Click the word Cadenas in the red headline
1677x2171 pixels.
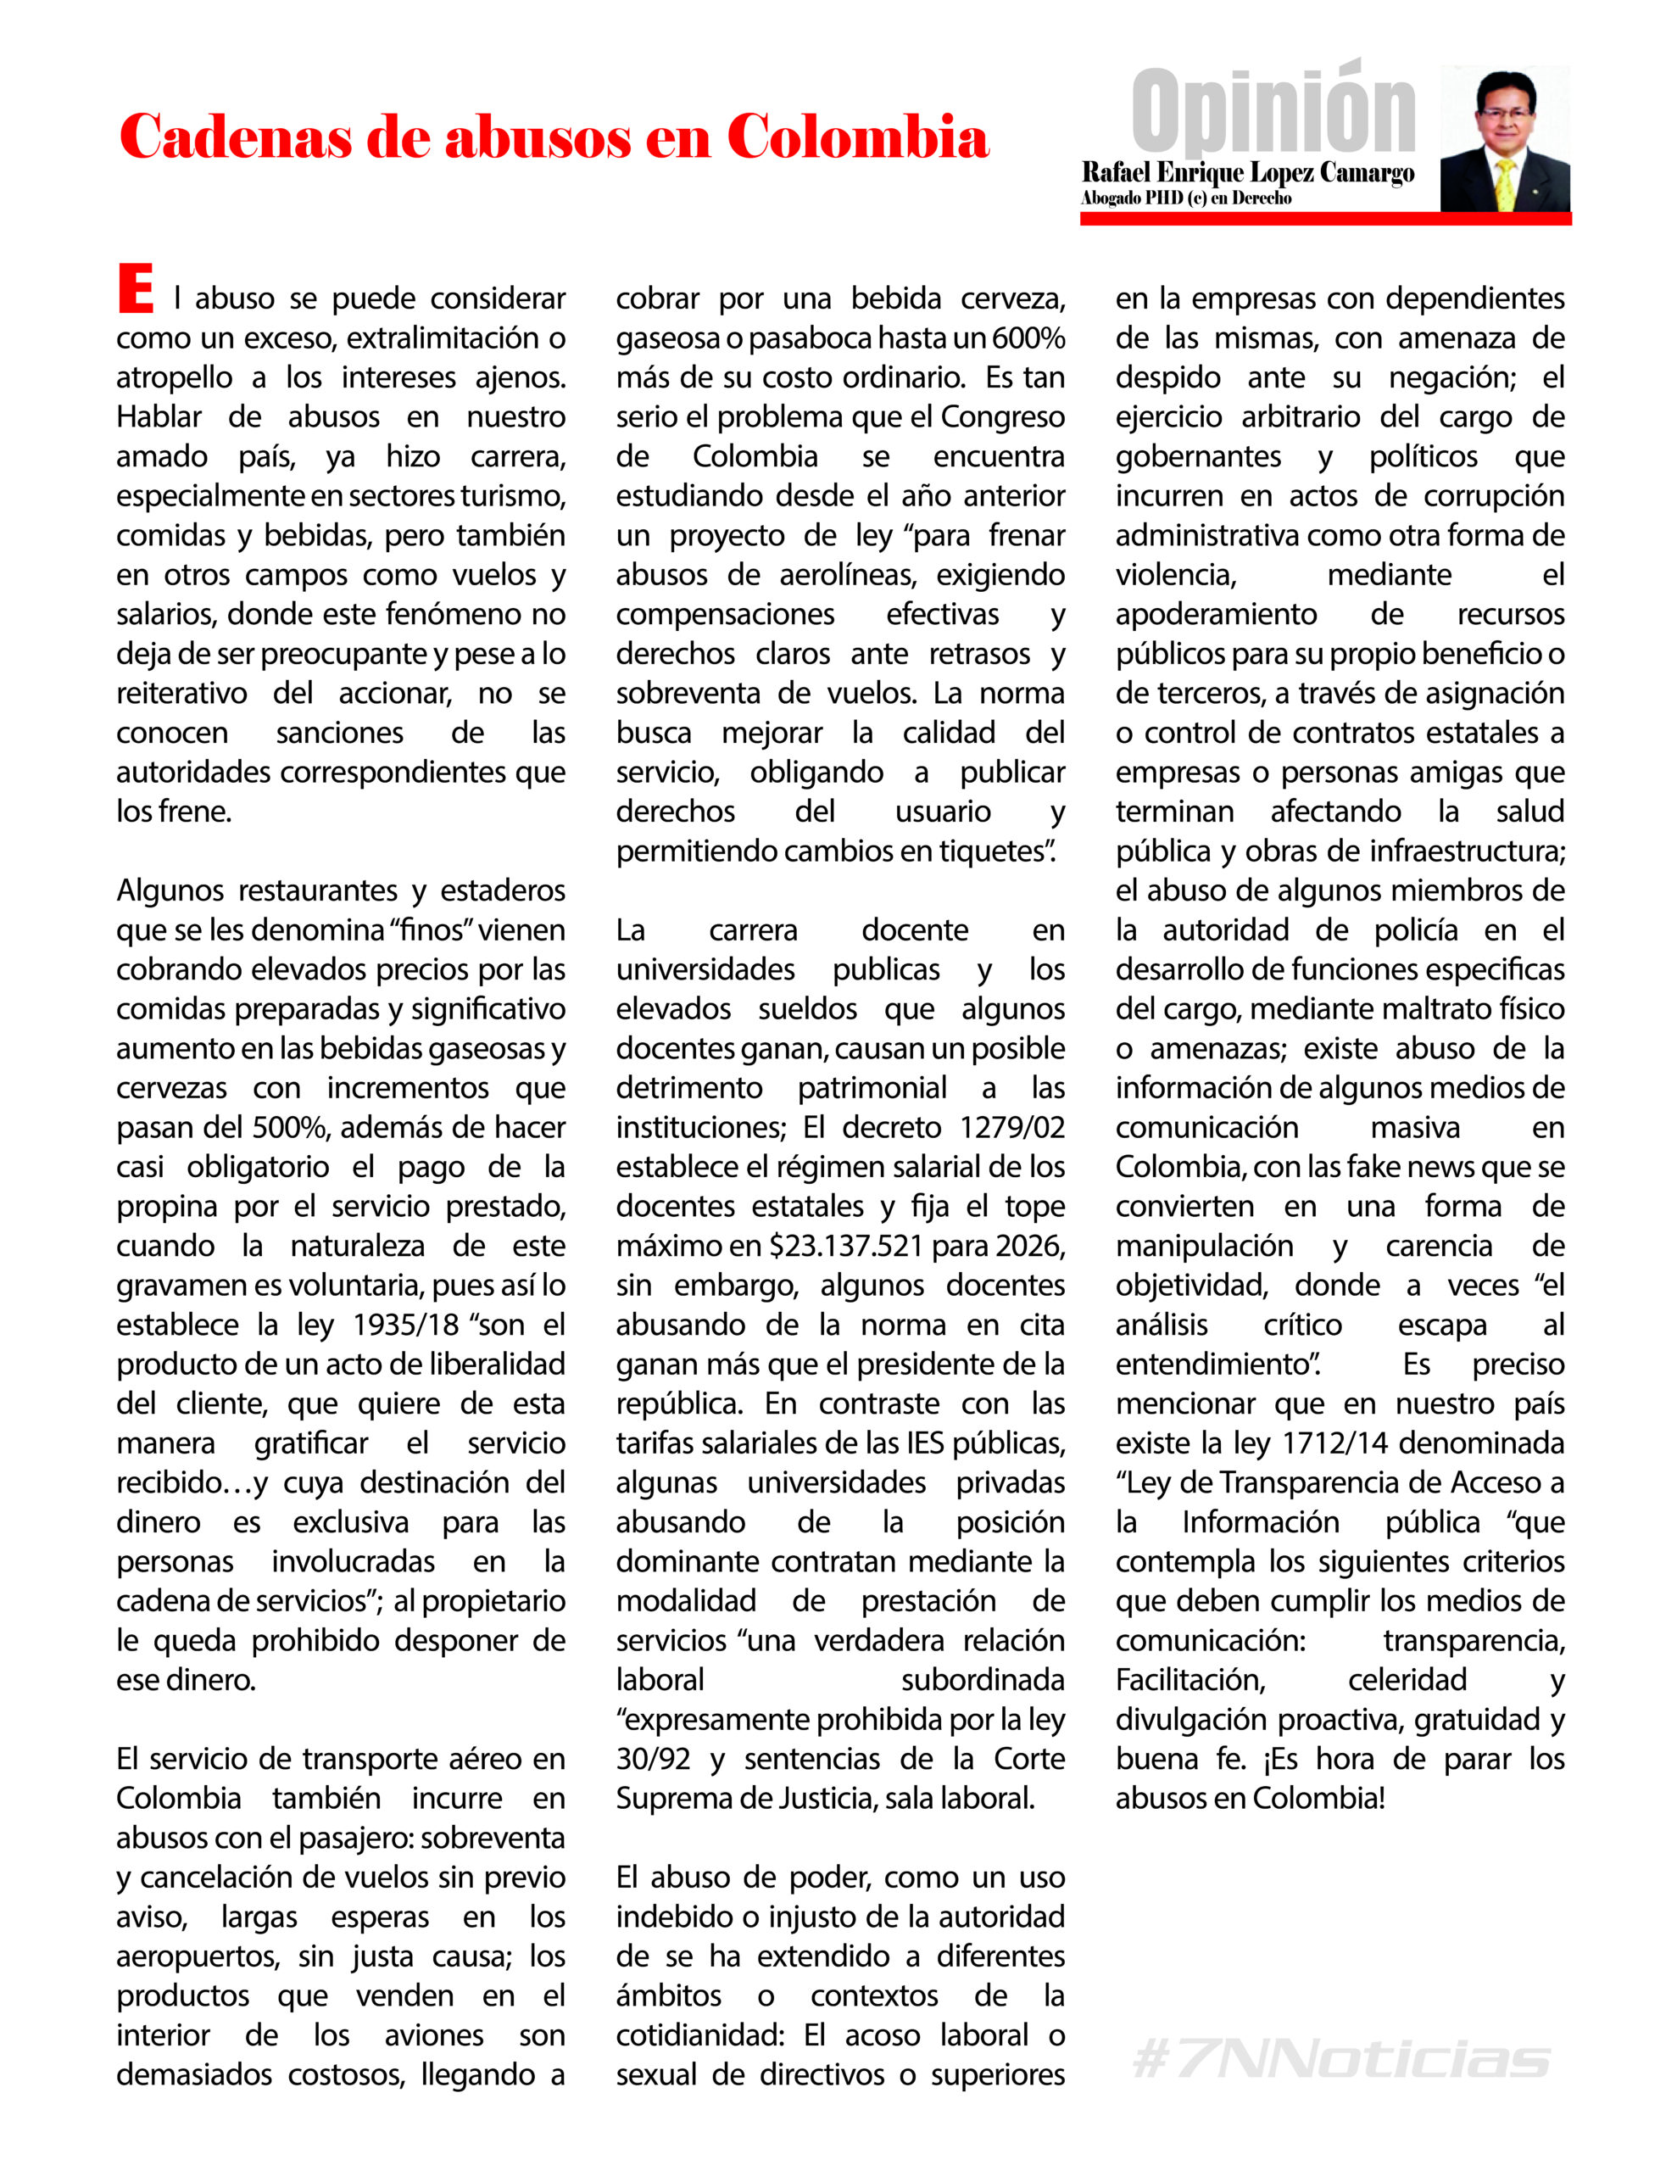pyautogui.click(x=236, y=137)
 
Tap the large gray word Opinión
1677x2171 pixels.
pyautogui.click(x=1273, y=110)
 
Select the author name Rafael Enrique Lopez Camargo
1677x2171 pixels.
pyautogui.click(x=1246, y=173)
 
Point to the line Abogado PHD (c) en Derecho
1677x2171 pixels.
pyautogui.click(x=1185, y=198)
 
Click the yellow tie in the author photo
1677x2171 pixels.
pyautogui.click(x=1505, y=185)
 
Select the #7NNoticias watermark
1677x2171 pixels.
pyautogui.click(x=1340, y=2060)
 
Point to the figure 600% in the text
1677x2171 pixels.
pyautogui.click(x=1029, y=339)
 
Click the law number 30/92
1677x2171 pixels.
pyautogui.click(x=653, y=1759)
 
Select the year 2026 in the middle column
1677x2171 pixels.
pyautogui.click(x=1030, y=1246)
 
